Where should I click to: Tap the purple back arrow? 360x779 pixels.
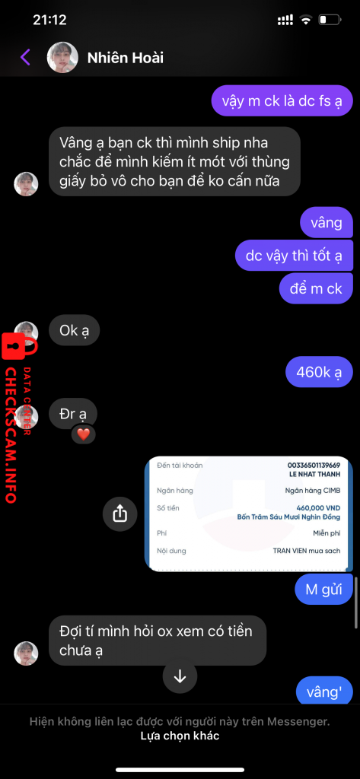click(25, 58)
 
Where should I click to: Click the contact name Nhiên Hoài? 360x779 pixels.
click(126, 58)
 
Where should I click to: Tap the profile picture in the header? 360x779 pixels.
click(62, 58)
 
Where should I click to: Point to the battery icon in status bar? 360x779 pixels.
click(330, 20)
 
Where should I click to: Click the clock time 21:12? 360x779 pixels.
click(49, 20)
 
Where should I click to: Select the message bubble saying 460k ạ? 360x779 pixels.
click(319, 371)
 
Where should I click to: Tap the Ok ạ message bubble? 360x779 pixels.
click(75, 330)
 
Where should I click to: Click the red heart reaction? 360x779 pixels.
click(84, 434)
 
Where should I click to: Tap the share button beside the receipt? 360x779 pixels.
click(119, 514)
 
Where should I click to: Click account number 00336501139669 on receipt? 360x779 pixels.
click(314, 466)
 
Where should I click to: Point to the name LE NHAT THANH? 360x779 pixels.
click(316, 475)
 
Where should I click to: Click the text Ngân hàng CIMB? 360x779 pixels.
click(313, 491)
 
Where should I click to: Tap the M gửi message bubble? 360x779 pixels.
click(323, 590)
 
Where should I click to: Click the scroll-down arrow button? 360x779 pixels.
click(180, 676)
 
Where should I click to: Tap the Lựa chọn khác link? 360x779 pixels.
click(180, 736)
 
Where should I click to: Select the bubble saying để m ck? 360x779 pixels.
click(317, 288)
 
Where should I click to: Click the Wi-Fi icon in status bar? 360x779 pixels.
click(304, 20)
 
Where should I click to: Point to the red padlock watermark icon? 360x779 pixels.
click(14, 346)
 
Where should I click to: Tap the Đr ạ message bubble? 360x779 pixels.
click(73, 413)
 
